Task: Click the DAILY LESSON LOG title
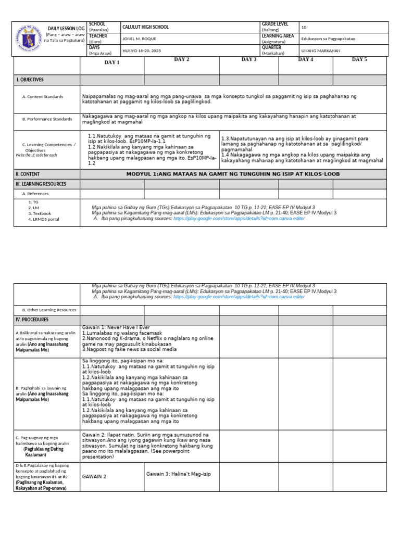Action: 66,28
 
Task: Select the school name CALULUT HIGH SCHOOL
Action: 145,27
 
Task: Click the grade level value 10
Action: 304,27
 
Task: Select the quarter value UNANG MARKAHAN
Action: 321,50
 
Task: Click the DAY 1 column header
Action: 112,62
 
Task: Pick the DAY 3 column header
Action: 249,60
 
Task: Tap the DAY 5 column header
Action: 359,59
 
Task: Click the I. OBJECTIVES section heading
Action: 30,80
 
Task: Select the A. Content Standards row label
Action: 43,97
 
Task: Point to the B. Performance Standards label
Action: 47,119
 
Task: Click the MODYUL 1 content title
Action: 233,174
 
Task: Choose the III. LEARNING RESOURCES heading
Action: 41,184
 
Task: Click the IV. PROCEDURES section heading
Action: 32,319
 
